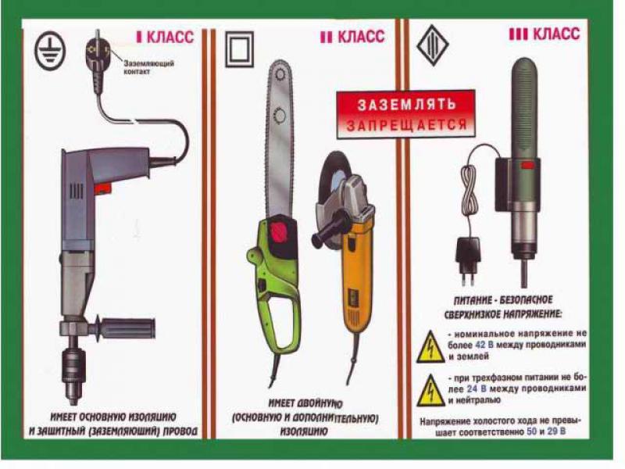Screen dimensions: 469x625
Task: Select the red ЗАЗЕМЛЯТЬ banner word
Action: pos(405,104)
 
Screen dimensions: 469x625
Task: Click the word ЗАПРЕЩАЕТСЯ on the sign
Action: pos(405,125)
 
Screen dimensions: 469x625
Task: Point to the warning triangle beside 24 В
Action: pos(430,387)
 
